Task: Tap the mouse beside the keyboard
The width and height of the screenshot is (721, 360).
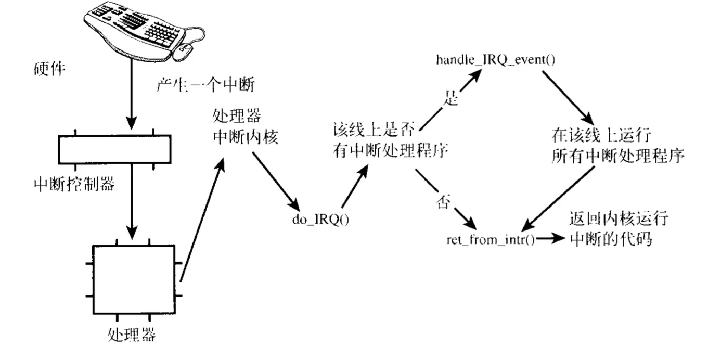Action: coord(183,52)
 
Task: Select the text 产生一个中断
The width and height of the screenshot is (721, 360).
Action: coord(205,85)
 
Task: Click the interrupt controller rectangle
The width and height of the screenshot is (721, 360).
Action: coord(114,150)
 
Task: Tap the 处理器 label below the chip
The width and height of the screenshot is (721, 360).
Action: coord(131,333)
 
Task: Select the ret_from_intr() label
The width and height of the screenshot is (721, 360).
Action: coord(490,240)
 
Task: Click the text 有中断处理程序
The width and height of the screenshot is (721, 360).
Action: coord(390,149)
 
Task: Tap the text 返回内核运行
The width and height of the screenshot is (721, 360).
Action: coord(619,219)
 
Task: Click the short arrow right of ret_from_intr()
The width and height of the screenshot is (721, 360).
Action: coord(551,239)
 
